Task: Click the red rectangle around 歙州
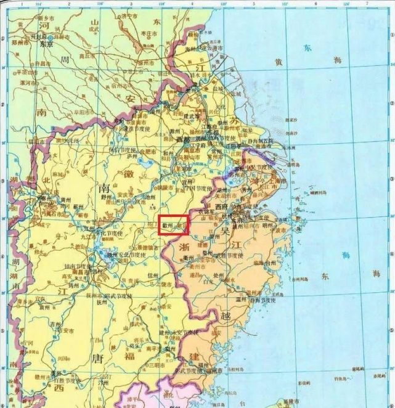tap(173, 225)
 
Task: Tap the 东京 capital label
tap(47, 45)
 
